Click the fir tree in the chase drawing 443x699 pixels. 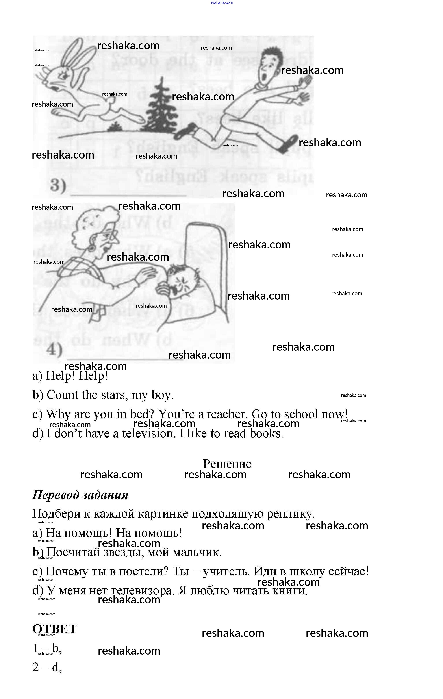(x=159, y=110)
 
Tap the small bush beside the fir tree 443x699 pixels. (x=115, y=127)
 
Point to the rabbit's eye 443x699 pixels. (x=62, y=76)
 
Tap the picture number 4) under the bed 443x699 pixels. (x=54, y=349)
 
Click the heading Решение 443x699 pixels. (x=227, y=464)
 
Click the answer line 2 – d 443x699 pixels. (x=47, y=667)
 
